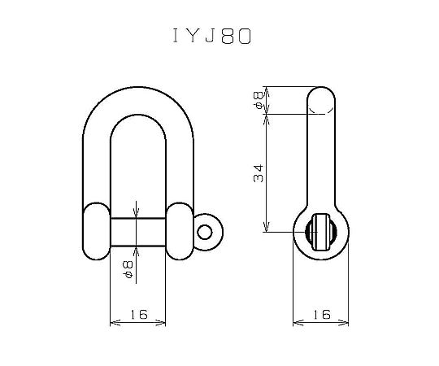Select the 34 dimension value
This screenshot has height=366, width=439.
(259, 172)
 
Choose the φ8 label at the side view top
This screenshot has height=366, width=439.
(259, 100)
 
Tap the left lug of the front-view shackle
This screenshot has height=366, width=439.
(96, 233)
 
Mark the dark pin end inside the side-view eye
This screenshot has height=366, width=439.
(321, 232)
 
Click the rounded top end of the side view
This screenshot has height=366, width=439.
(321, 99)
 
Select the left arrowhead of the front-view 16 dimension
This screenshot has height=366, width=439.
(112, 324)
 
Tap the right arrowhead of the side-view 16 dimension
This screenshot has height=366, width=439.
(347, 324)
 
